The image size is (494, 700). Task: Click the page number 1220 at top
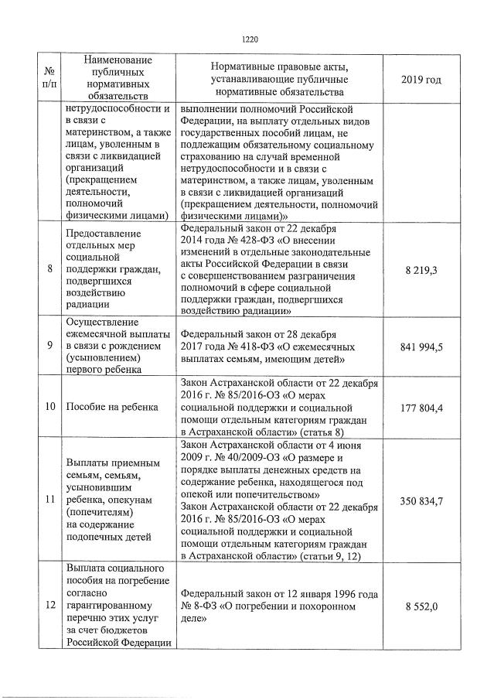click(x=248, y=38)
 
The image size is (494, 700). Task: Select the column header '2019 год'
click(x=422, y=79)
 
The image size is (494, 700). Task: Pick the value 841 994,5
click(x=422, y=347)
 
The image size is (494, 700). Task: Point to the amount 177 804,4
click(x=422, y=407)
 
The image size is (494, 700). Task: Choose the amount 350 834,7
click(x=422, y=500)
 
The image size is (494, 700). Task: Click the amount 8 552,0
click(x=422, y=606)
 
